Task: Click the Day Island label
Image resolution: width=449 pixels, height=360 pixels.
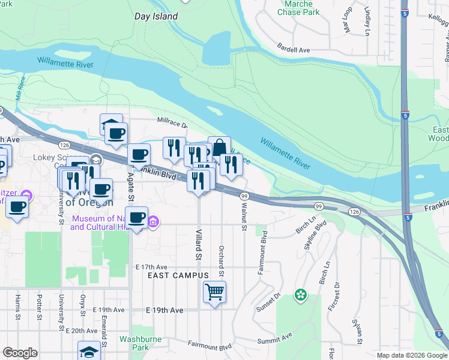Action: click(x=156, y=17)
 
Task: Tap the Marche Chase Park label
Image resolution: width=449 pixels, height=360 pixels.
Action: click(x=298, y=8)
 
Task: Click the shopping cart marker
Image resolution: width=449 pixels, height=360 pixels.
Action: click(x=214, y=293)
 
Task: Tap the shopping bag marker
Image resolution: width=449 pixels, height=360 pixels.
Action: click(x=219, y=148)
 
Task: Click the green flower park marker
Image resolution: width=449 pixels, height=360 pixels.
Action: click(x=300, y=295)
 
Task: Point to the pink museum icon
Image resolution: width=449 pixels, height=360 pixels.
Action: click(x=153, y=223)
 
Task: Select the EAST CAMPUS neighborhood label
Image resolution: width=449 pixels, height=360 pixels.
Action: click(x=178, y=275)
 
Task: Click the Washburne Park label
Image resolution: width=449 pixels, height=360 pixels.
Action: click(x=133, y=343)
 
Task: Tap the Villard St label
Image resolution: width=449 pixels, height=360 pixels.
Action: click(x=197, y=244)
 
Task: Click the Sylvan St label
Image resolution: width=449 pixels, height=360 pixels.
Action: click(x=357, y=329)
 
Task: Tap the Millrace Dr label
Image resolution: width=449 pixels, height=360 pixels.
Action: click(x=172, y=124)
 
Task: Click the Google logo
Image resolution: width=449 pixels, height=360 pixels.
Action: click(x=20, y=353)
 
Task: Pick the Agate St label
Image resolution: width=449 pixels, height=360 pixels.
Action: click(x=129, y=187)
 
